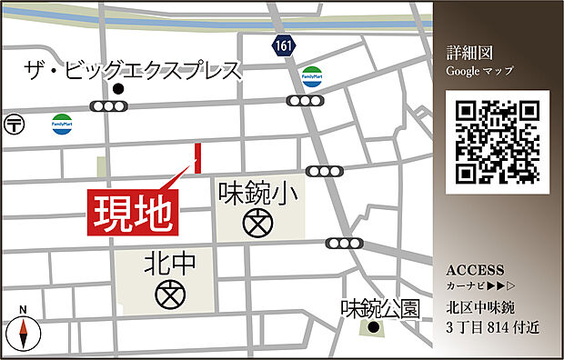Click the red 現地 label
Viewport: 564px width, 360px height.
pos(134,211)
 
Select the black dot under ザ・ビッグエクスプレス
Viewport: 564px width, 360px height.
pos(118,89)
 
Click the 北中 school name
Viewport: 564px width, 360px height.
pos(170,265)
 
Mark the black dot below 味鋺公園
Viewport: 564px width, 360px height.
pos(373,327)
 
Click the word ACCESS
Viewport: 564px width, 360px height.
pos(475,270)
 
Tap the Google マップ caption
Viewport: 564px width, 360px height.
pos(480,70)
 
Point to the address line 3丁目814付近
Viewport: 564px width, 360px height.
pos(492,327)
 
